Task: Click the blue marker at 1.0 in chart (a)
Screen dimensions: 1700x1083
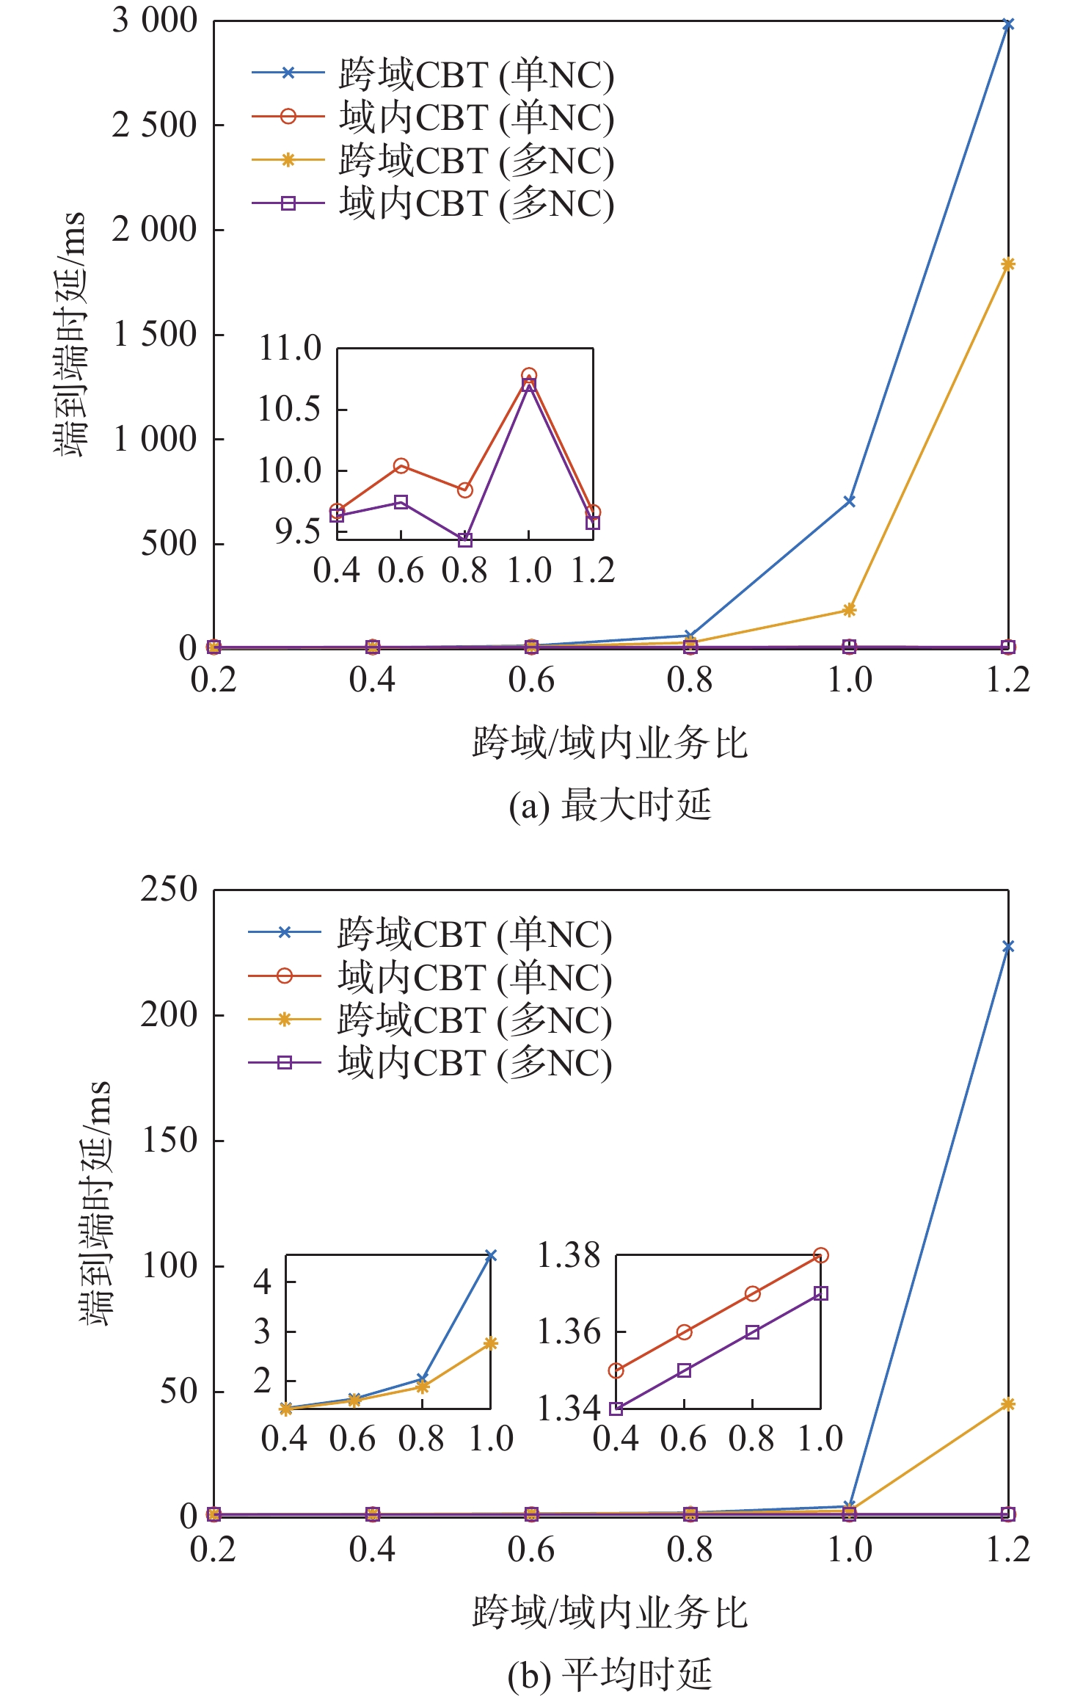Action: (x=849, y=501)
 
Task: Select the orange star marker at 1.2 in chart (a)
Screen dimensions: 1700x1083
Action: (x=1007, y=264)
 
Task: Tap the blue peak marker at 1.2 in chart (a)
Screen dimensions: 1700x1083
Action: (x=1007, y=25)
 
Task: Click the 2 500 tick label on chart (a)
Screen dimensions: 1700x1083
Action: (x=155, y=126)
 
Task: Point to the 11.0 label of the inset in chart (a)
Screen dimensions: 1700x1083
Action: (x=290, y=348)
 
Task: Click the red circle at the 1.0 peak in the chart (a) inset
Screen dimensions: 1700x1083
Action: (x=528, y=375)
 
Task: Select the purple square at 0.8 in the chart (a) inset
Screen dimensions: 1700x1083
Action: (x=464, y=540)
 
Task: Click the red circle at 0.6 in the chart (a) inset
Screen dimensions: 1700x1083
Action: (x=401, y=465)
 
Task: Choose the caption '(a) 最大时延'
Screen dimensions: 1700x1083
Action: (x=610, y=805)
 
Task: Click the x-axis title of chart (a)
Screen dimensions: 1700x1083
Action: (x=610, y=743)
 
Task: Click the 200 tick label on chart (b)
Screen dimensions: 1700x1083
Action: (x=169, y=1015)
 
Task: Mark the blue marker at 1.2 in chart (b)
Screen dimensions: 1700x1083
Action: (x=1007, y=947)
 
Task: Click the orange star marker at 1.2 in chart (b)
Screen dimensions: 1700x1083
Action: (x=1007, y=1404)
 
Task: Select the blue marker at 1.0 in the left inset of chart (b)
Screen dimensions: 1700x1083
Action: (x=490, y=1256)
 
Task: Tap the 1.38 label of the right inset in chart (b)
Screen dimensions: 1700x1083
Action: (x=569, y=1255)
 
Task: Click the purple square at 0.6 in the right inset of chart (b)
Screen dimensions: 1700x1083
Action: (x=684, y=1370)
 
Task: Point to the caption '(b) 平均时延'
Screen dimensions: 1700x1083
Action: (x=610, y=1674)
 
